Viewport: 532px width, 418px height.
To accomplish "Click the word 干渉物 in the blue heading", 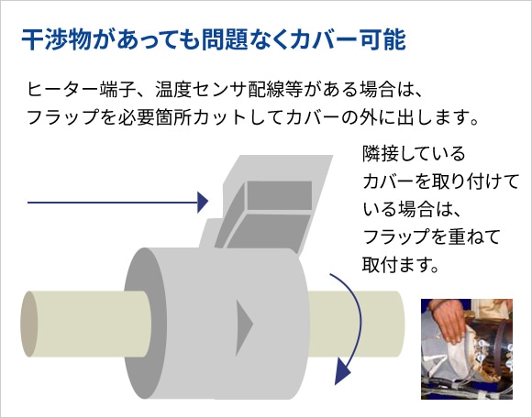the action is pos(56,40).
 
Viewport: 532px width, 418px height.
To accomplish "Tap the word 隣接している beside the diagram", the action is pos(414,154).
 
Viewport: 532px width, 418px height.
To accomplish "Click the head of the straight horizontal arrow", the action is pos(203,203).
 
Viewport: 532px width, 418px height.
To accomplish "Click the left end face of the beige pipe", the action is pos(28,324).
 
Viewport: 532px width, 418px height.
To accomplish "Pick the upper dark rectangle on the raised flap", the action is pos(279,195).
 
